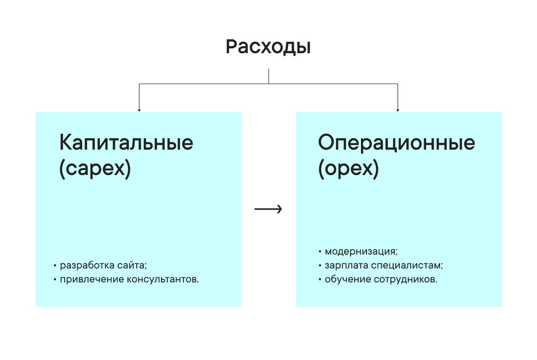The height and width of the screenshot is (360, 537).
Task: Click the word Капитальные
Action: click(126, 143)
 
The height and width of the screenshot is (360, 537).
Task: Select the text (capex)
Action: click(95, 170)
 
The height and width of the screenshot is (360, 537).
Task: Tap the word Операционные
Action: click(396, 143)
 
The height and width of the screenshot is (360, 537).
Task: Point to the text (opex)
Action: click(349, 170)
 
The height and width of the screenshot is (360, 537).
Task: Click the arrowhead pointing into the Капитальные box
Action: click(139, 109)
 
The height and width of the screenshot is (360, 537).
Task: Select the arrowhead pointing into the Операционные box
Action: click(398, 109)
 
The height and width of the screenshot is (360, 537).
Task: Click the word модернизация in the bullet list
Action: click(361, 251)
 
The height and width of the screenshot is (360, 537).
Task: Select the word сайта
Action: click(129, 266)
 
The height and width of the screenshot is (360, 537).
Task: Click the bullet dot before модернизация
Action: click(320, 252)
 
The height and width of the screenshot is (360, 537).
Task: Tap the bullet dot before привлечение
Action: click(55, 280)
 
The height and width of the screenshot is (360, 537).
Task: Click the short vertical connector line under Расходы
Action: click(268, 76)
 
